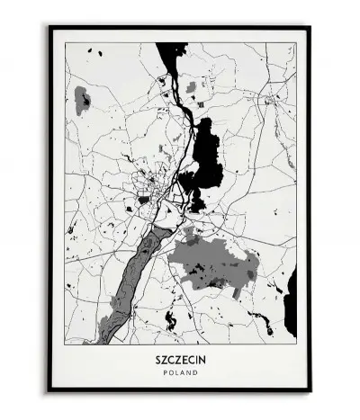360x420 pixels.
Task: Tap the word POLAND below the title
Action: tap(180, 371)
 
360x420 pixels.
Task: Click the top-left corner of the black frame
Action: tap(50, 28)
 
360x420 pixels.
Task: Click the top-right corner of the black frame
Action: tap(310, 28)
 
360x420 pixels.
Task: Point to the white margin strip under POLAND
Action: tap(180, 381)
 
